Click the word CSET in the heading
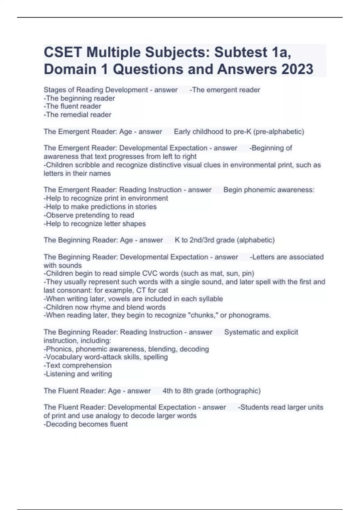(x=62, y=52)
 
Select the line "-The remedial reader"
(x=77, y=115)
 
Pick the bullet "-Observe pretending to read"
(x=89, y=215)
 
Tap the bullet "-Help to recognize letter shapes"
(x=94, y=223)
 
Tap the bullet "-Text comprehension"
(x=77, y=365)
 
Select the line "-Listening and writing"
(x=78, y=374)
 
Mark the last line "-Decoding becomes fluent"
(x=85, y=424)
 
